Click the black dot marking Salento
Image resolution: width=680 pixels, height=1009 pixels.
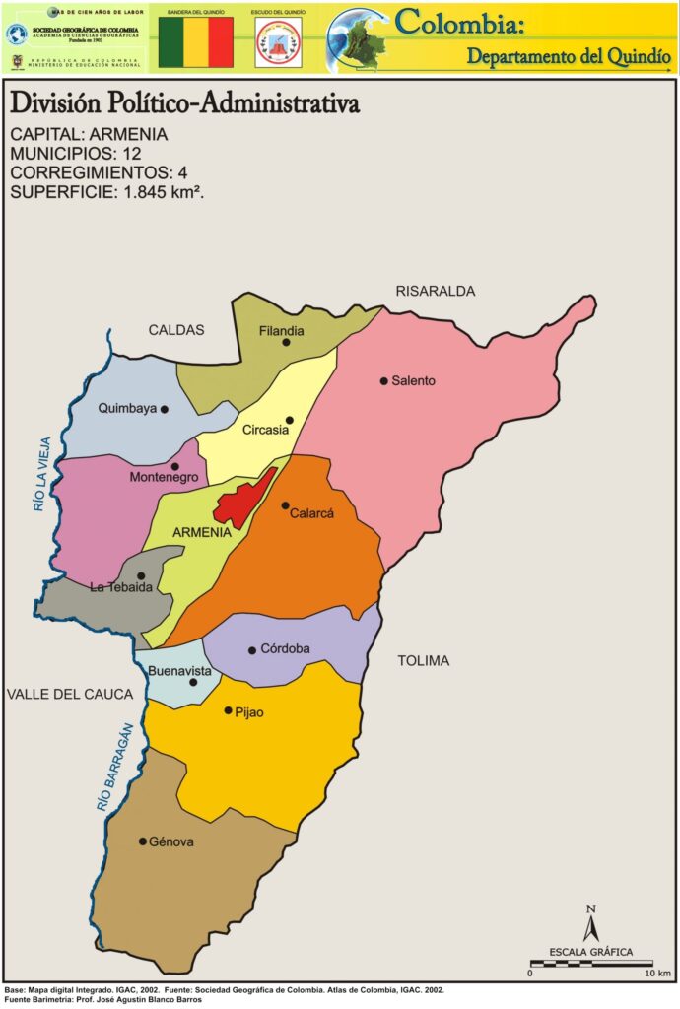384,380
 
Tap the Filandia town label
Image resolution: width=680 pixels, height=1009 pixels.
281,331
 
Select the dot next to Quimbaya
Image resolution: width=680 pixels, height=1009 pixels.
165,409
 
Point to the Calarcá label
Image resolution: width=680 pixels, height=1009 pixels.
312,513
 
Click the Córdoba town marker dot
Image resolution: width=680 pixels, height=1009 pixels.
252,649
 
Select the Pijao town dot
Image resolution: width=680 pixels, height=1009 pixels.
228,710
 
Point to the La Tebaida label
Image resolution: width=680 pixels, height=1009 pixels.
119,588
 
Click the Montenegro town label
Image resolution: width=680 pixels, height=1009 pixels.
164,478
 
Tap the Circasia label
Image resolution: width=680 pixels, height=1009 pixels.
266,431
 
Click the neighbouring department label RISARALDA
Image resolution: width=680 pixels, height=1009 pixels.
436,292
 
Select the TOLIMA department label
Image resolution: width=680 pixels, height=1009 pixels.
424,661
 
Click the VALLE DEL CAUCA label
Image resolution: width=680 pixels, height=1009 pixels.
69,695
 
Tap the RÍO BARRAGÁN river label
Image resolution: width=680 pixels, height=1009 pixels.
114,768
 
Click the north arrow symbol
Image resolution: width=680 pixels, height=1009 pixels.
590,925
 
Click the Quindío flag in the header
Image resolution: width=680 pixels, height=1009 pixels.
196,41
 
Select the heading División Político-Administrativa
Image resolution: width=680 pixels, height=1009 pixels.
184,103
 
